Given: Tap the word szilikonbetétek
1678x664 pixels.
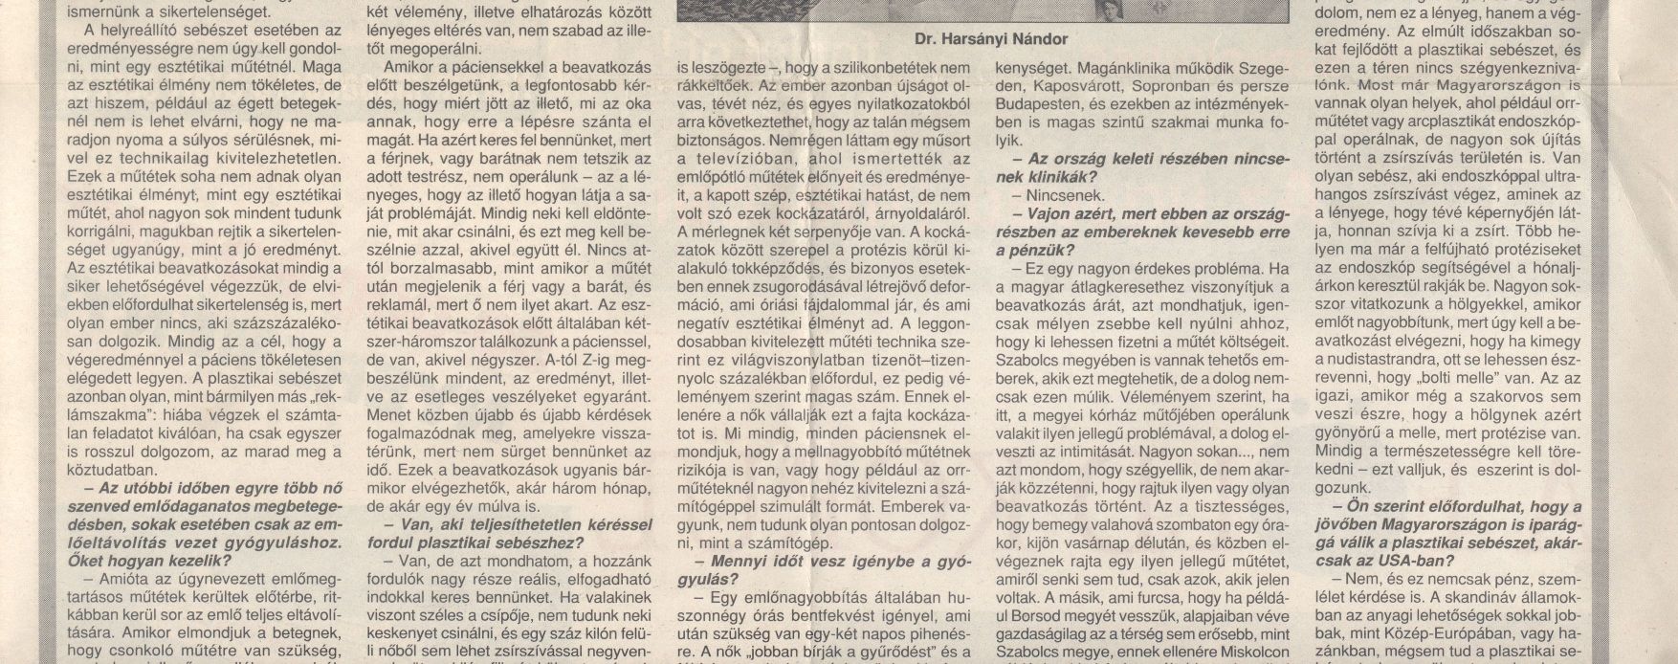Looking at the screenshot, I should (896, 69).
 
